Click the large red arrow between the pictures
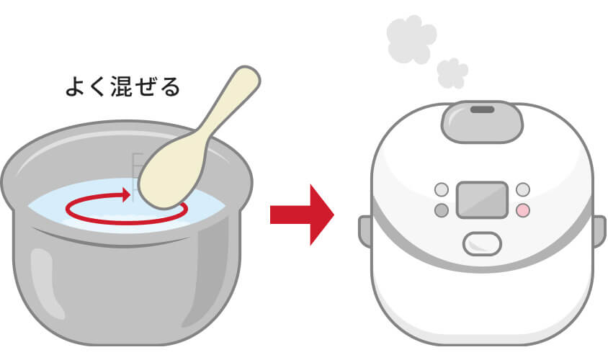[x=302, y=215]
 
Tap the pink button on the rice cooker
[x=523, y=210]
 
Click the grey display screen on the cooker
[x=483, y=199]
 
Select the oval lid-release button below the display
[x=482, y=244]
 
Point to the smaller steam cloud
[x=452, y=73]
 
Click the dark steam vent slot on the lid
[x=482, y=109]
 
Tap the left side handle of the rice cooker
[x=365, y=231]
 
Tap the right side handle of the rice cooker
[x=599, y=231]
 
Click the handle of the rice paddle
[x=229, y=102]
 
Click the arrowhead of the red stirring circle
[x=125, y=195]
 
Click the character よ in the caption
[x=75, y=86]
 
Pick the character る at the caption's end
[x=170, y=87]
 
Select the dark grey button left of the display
[x=442, y=210]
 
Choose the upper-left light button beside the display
[x=442, y=189]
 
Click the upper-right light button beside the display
[x=523, y=189]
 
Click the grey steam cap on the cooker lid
[x=482, y=122]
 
